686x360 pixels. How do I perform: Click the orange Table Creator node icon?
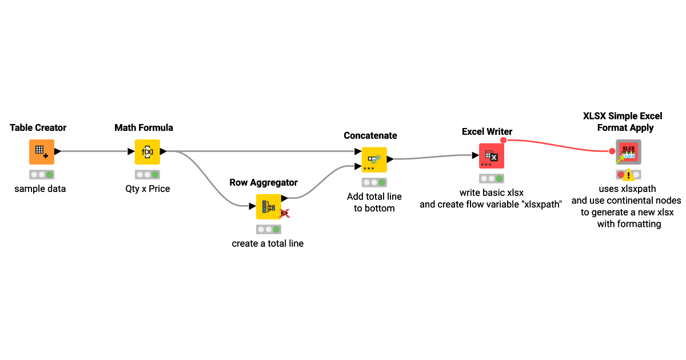point(42,151)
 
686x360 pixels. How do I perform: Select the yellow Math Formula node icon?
point(147,151)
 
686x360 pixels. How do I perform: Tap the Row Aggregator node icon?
point(268,206)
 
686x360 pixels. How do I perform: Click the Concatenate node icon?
point(374,159)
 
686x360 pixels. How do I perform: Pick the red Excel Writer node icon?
point(492,155)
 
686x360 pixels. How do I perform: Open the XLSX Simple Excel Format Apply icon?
point(628,152)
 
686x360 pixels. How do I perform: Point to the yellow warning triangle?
point(629,175)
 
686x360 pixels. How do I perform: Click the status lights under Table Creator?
point(42,175)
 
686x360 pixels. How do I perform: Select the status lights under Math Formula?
point(147,175)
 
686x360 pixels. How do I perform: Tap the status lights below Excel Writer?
point(492,178)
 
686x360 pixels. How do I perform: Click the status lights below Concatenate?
point(374,182)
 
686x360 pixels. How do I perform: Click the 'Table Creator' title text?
point(38,127)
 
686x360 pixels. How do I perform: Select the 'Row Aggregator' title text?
point(264,182)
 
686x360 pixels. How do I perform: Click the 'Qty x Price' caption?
point(147,189)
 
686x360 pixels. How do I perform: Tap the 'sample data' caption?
point(40,189)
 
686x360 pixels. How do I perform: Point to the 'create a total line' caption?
point(268,243)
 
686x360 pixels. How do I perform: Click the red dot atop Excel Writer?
point(503,140)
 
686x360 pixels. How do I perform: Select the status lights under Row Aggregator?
point(268,229)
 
